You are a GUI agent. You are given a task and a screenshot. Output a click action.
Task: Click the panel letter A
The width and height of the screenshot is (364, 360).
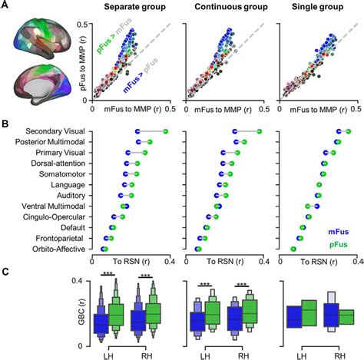pos(7,6)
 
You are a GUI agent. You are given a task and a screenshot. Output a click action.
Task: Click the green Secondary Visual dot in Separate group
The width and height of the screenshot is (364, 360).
pos(164,132)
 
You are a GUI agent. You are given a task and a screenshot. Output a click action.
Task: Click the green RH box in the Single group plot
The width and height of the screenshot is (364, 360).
pos(346,316)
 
